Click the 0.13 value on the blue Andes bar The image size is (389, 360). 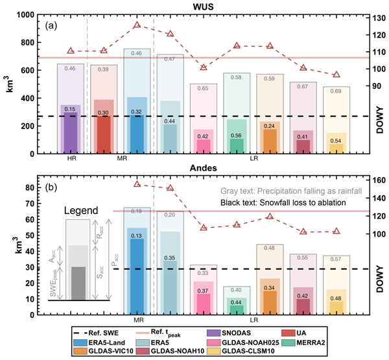click(x=137, y=235)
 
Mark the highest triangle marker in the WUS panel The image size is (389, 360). click(x=137, y=25)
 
